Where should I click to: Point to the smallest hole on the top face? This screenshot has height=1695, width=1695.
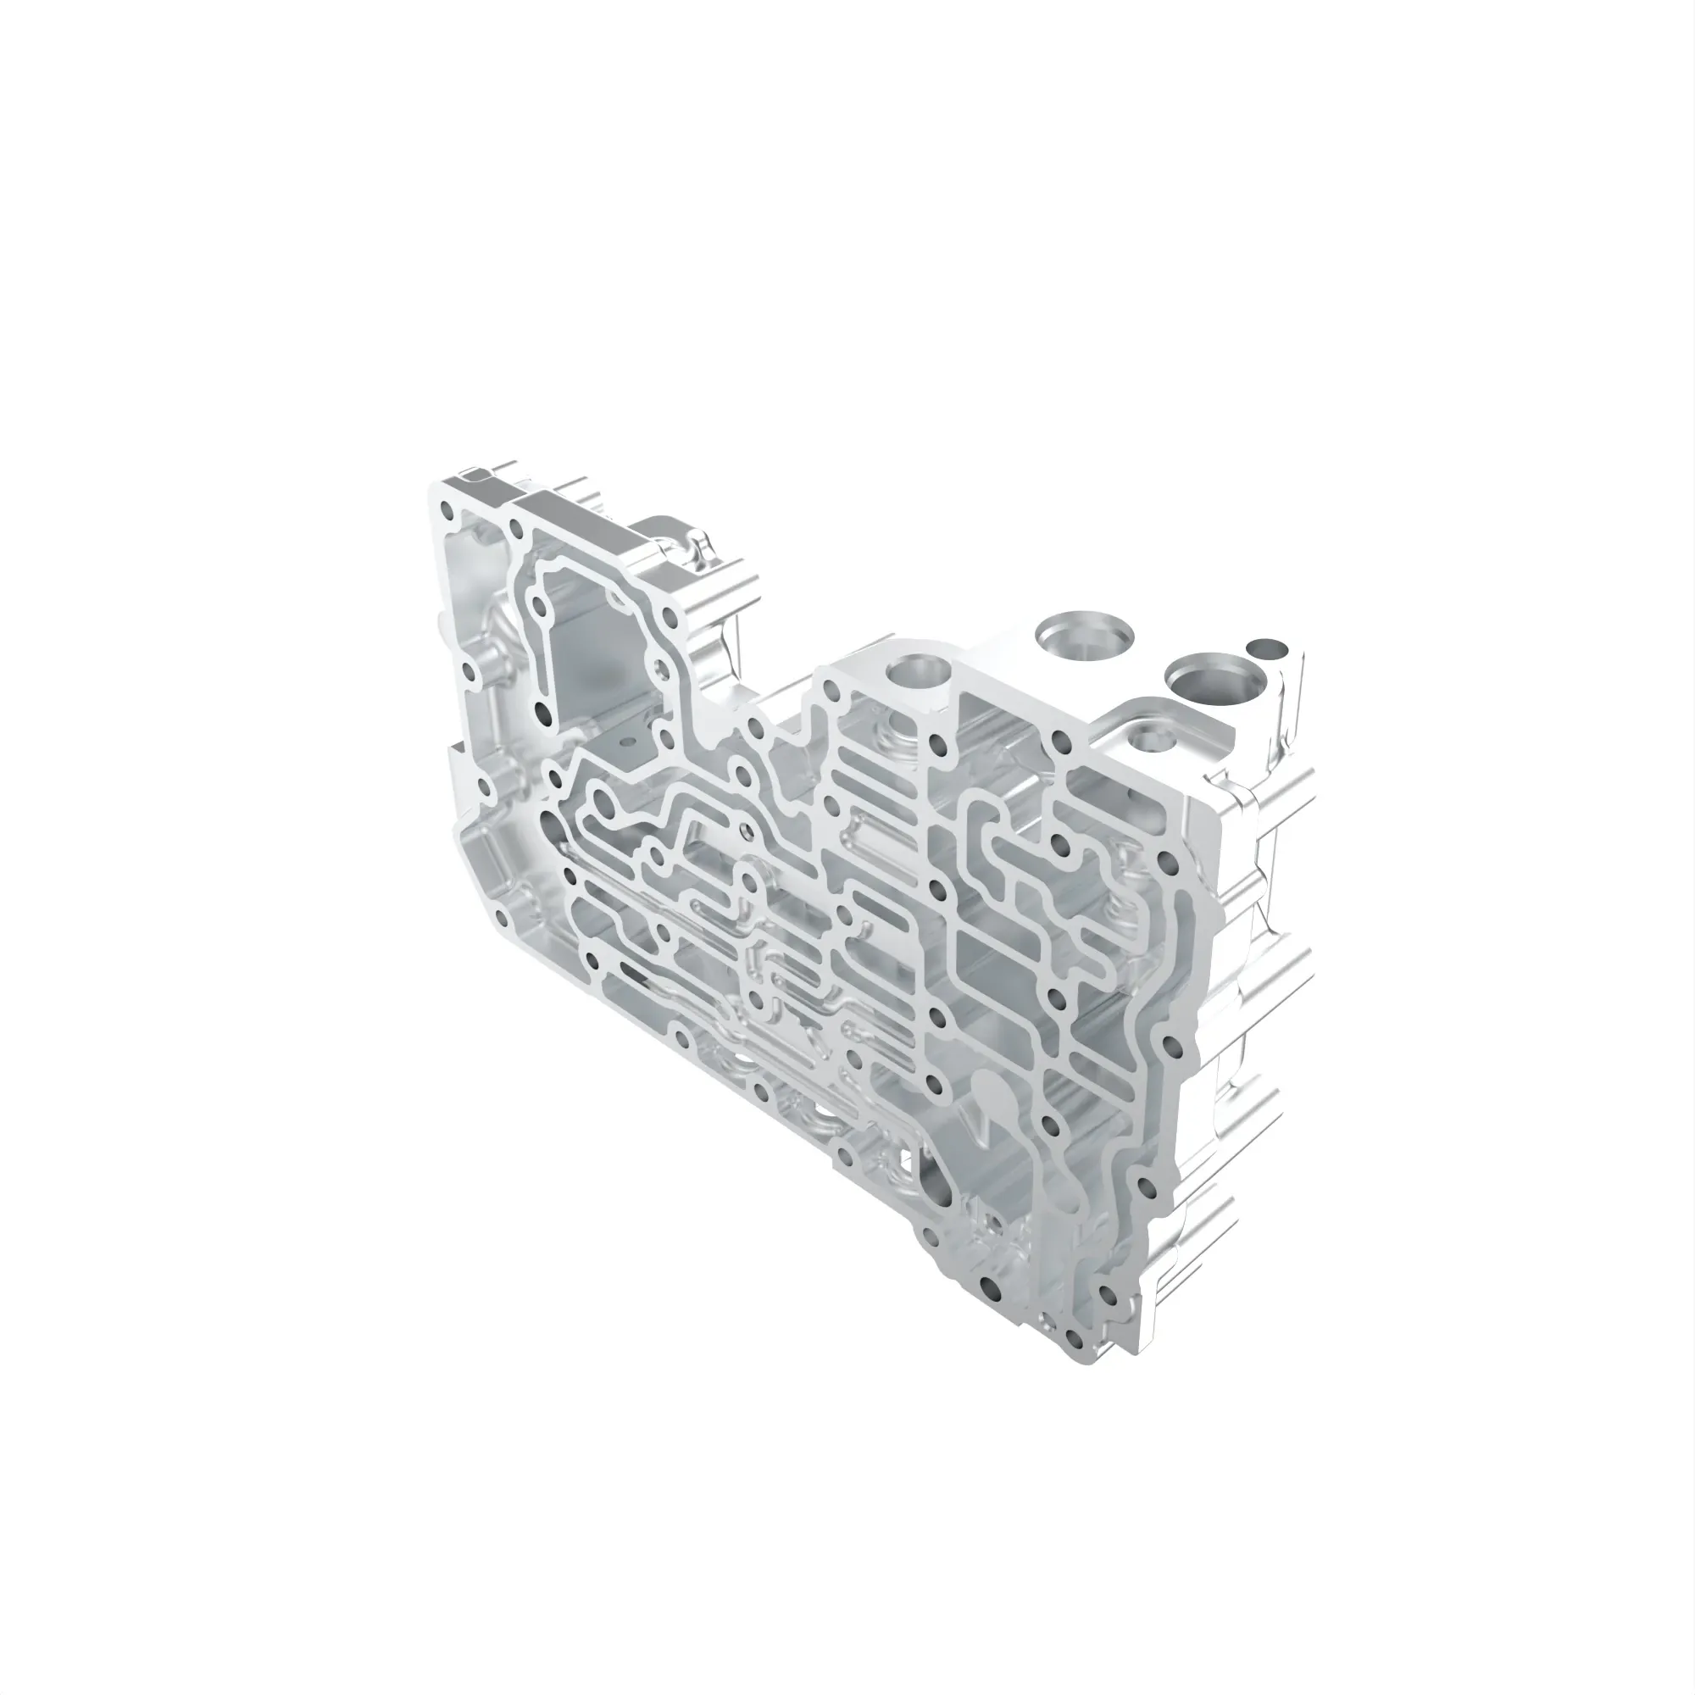(1266, 650)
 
